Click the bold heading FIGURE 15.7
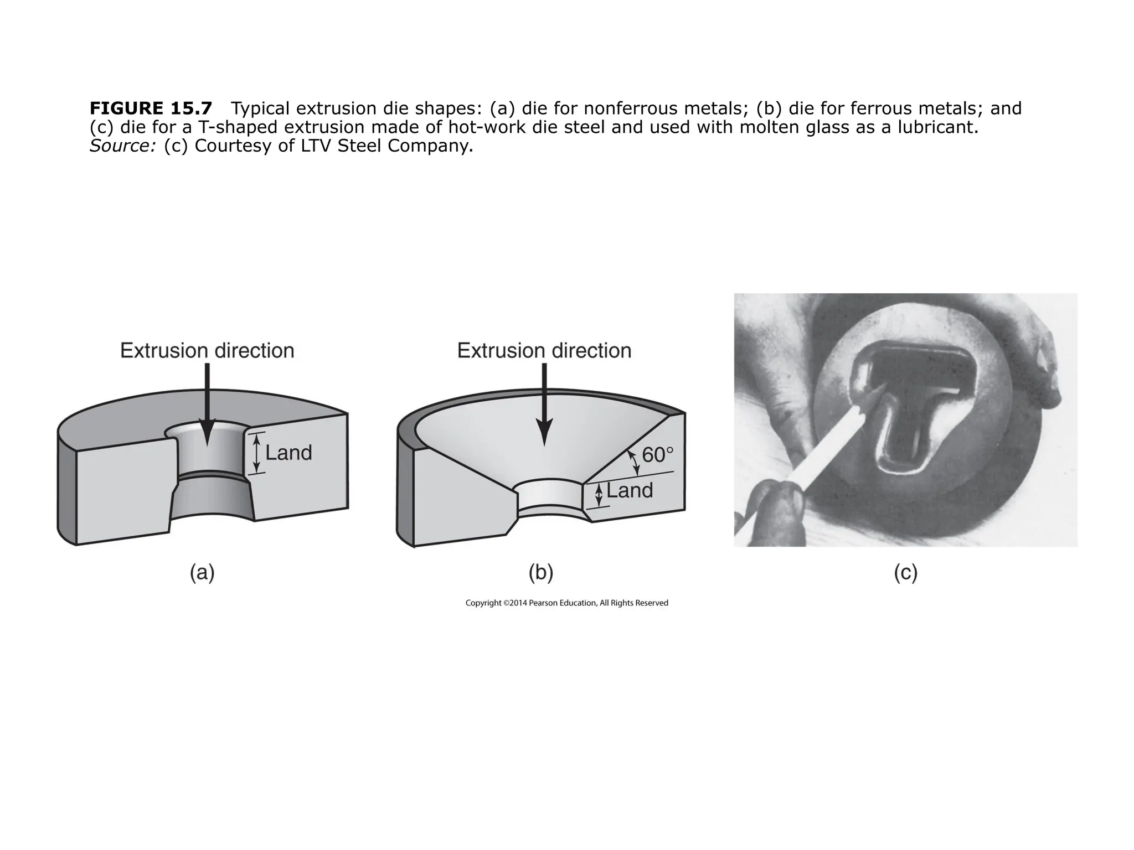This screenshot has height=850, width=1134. [151, 108]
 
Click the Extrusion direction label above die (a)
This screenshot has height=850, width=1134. [207, 351]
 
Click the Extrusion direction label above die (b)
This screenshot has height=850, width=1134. [544, 351]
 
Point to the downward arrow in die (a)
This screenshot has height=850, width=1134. [207, 404]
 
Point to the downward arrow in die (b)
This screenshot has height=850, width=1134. [544, 404]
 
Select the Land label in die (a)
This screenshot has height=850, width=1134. [288, 453]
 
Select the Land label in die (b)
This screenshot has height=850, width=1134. [630, 490]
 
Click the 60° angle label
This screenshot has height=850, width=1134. [657, 455]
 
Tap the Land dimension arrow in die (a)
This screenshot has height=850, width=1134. [256, 453]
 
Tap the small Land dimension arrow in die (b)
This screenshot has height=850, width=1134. [598, 495]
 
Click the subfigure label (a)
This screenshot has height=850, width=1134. [202, 573]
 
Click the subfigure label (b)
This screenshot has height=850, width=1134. [541, 573]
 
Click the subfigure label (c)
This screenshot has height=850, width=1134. [905, 573]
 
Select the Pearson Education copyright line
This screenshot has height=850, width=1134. [566, 603]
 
